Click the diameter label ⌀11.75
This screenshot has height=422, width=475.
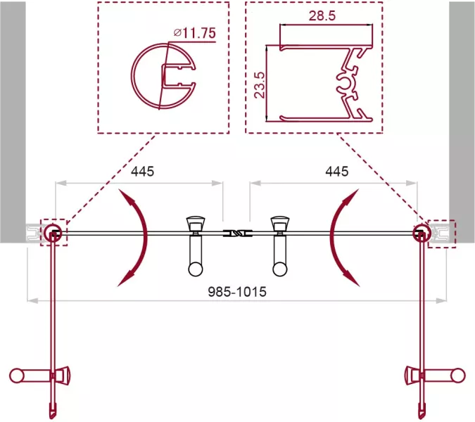pos(195,33)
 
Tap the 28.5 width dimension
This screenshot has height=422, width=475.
pos(322,15)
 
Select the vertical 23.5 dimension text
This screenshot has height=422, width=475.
pos(260,85)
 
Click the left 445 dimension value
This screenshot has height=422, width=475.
pos(142,172)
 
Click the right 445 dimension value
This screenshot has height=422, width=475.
pos(337,172)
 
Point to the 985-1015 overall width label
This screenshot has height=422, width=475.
pos(237,292)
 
